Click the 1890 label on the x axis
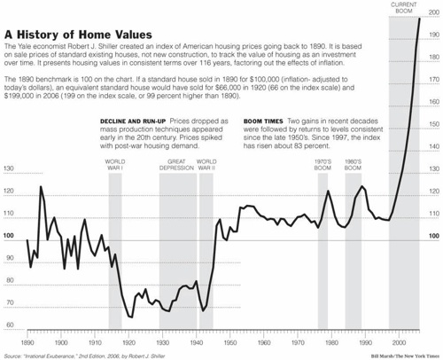(x=27, y=341)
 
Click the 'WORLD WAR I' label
(x=114, y=166)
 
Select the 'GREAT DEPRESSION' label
(x=176, y=166)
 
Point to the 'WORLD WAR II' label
(x=206, y=166)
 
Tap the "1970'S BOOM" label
(x=323, y=166)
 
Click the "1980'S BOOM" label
(x=353, y=166)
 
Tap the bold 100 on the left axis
(x=9, y=236)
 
